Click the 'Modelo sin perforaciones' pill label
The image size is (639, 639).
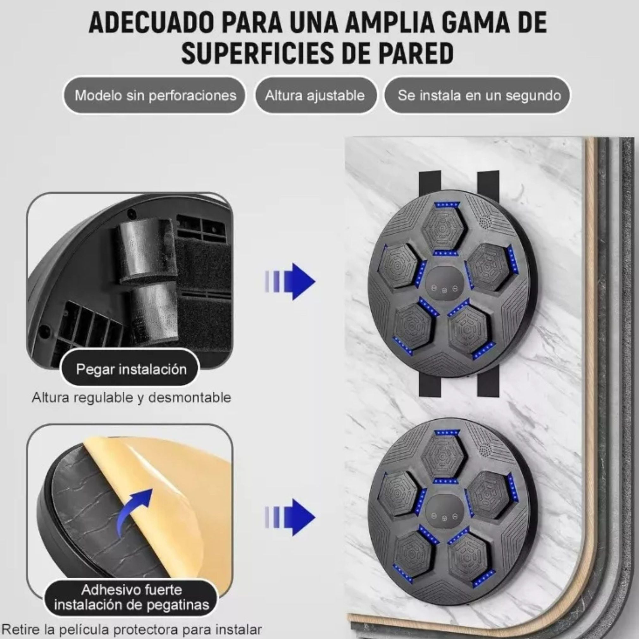click(155, 96)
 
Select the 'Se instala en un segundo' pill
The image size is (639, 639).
click(479, 96)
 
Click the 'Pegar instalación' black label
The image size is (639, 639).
click(131, 369)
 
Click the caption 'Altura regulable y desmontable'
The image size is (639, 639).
click(131, 397)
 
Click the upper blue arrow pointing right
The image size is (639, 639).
click(291, 282)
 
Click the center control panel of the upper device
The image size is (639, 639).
click(444, 288)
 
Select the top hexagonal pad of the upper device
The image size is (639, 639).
click(443, 230)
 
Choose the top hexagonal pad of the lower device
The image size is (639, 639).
click(444, 457)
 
